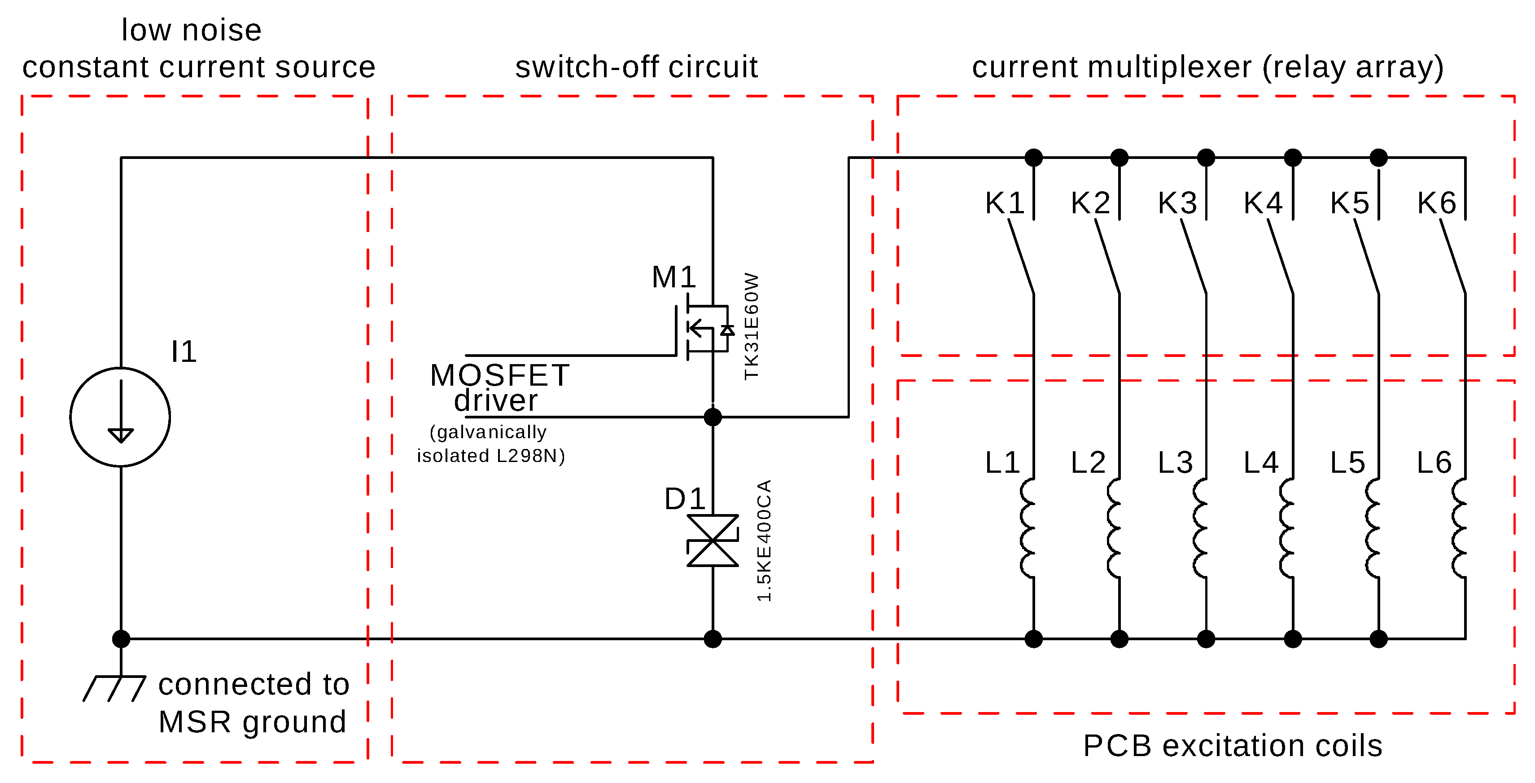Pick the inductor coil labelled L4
pyautogui.click(x=1288, y=528)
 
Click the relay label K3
pyautogui.click(x=1177, y=203)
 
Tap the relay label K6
pyautogui.click(x=1437, y=203)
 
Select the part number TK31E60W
pyautogui.click(x=752, y=326)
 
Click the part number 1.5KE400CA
pyautogui.click(x=765, y=540)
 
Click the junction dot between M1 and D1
pyautogui.click(x=713, y=417)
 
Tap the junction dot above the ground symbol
pyautogui.click(x=121, y=639)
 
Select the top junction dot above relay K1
pyautogui.click(x=1034, y=158)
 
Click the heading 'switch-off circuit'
pyautogui.click(x=636, y=67)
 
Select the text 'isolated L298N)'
pyautogui.click(x=490, y=456)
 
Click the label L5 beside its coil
pyautogui.click(x=1347, y=463)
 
